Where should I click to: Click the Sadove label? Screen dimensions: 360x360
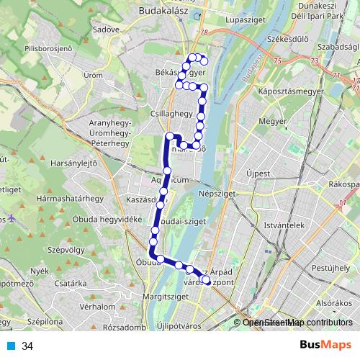click(106, 30)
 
